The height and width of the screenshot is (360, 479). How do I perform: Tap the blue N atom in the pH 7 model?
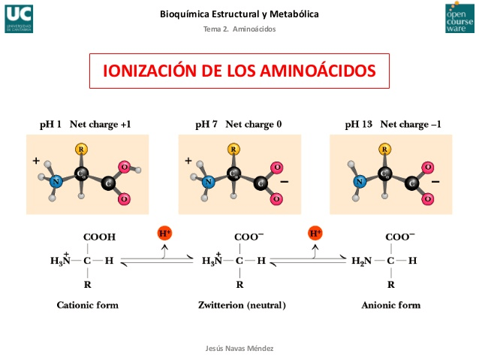point(209,180)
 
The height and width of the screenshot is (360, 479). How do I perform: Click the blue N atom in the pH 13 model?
point(360,180)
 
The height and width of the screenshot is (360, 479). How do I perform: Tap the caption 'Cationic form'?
point(88,305)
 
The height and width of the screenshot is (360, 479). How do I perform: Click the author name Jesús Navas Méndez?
point(240,349)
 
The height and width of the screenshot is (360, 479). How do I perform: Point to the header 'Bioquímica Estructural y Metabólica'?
point(239,14)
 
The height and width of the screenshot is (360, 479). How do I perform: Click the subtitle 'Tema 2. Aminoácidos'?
point(239,29)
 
